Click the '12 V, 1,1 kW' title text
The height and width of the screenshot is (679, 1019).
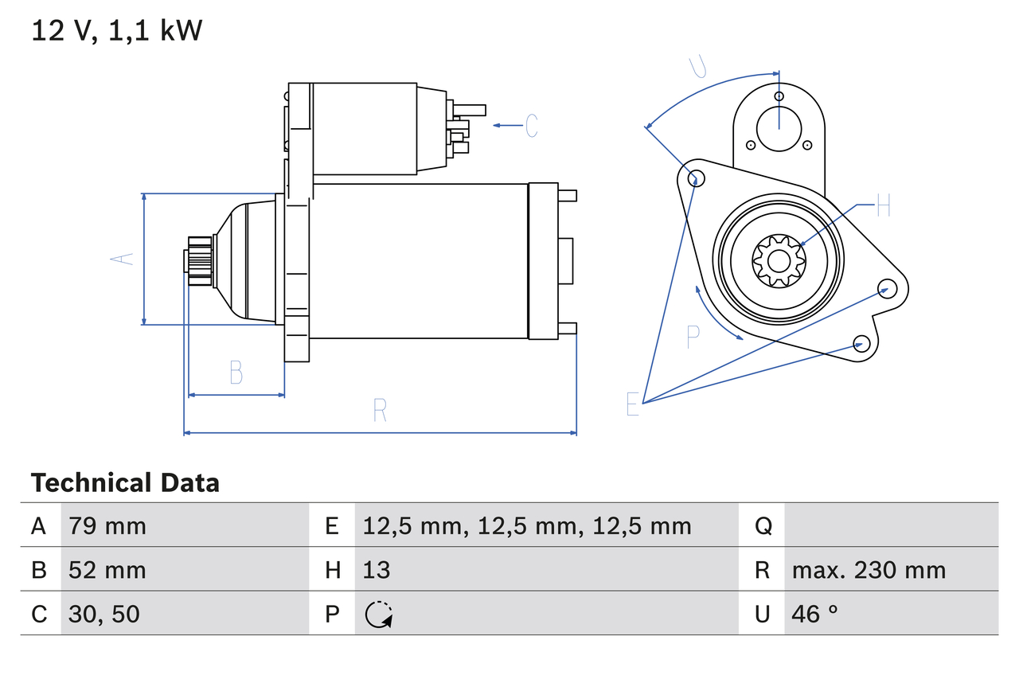click(117, 31)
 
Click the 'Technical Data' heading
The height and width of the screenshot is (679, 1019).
click(125, 483)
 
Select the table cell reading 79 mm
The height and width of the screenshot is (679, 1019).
click(107, 525)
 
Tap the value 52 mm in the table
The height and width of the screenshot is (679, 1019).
click(107, 570)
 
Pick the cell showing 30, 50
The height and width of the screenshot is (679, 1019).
click(104, 614)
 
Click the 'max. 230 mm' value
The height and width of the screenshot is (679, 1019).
click(869, 570)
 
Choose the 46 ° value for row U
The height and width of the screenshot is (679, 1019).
click(814, 614)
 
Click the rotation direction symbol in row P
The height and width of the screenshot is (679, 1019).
click(379, 615)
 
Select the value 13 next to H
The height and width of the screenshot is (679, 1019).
click(377, 570)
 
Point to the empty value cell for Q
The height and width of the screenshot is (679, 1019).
click(890, 525)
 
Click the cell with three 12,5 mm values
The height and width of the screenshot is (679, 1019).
click(527, 525)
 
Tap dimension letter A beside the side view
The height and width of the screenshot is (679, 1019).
click(122, 260)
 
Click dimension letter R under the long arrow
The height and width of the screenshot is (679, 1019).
click(380, 411)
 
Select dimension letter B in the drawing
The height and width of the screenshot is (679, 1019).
click(236, 372)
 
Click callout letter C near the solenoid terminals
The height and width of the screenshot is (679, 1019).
click(532, 126)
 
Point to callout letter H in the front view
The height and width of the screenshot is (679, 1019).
click(883, 207)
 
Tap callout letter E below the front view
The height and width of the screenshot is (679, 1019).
click(633, 404)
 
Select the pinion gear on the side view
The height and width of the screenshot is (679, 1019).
click(199, 260)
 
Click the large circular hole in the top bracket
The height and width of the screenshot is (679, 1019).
click(778, 127)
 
